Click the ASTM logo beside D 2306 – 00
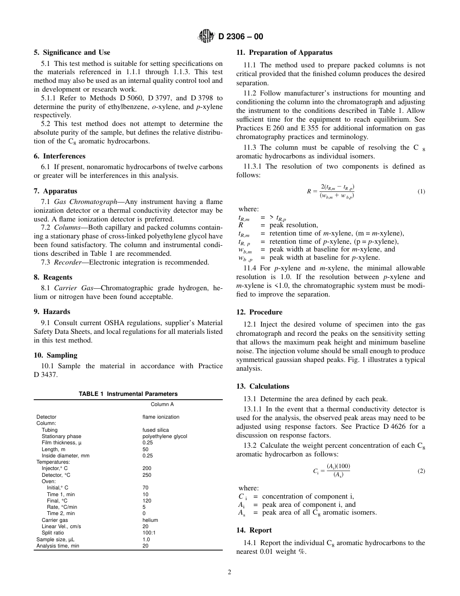pyautogui.click(x=207, y=36)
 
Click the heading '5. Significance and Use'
pyautogui.click(x=72, y=52)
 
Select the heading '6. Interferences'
pyautogui.click(x=60, y=156)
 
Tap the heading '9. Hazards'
pyautogui.click(x=52, y=312)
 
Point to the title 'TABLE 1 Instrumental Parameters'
pyautogui.click(x=128, y=394)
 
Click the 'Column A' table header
pyautogui.click(x=162, y=404)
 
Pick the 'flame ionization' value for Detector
pyautogui.click(x=161, y=417)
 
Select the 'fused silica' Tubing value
pyautogui.click(x=155, y=430)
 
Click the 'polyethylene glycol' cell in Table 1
pyautogui.click(x=165, y=436)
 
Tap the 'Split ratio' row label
pyautogui.click(x=52, y=533)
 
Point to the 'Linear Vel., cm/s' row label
pyautogui.click(x=61, y=526)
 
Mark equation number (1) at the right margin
pyautogui.click(x=421, y=191)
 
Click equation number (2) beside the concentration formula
pyautogui.click(x=421, y=471)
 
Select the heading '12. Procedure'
pyautogui.click(x=259, y=312)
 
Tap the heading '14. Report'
pyautogui.click(x=254, y=530)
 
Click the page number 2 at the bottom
pyautogui.click(x=230, y=572)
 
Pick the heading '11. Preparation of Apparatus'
pyautogui.click(x=284, y=52)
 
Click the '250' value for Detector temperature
pyautogui.click(x=147, y=475)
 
